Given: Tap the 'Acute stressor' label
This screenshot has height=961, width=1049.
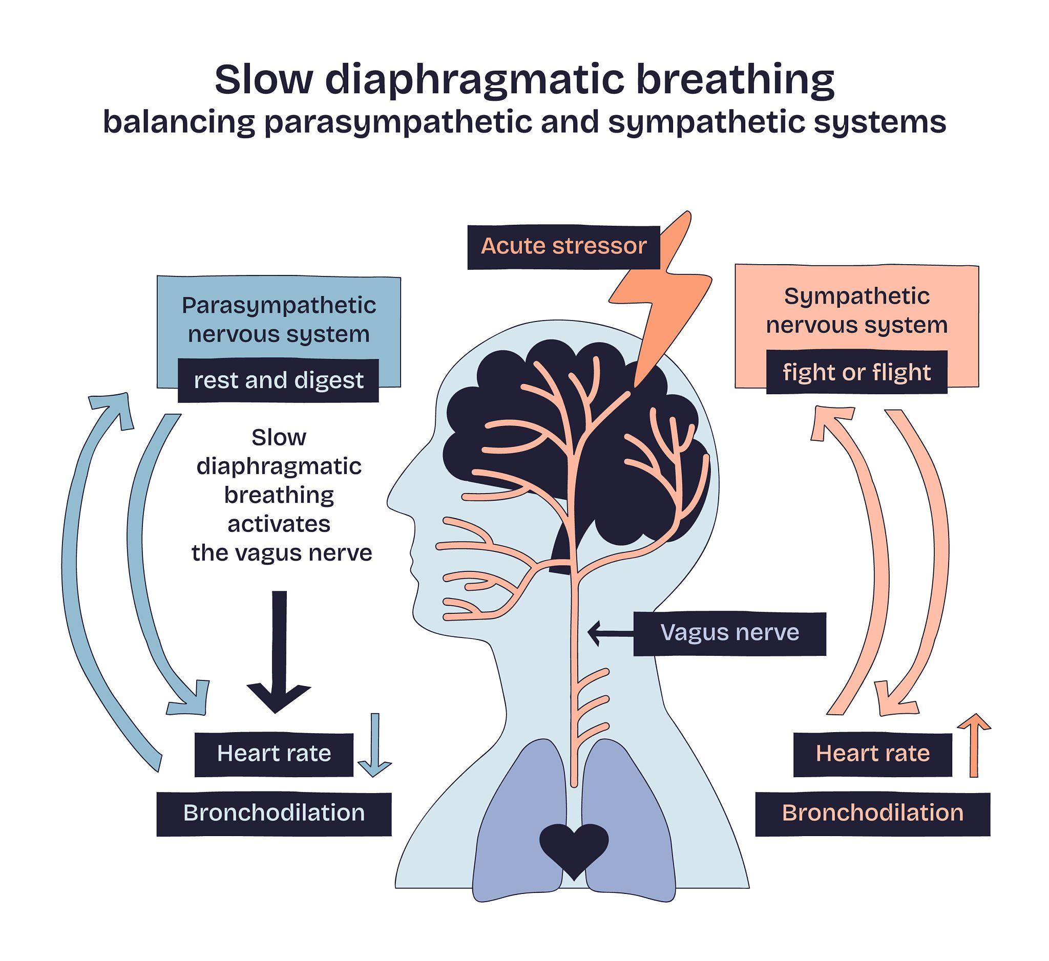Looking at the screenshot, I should [563, 247].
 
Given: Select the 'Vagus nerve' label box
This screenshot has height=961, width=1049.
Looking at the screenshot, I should [729, 633].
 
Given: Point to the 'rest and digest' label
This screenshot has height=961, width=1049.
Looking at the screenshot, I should [278, 380].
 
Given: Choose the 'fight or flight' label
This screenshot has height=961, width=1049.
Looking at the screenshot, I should [856, 372].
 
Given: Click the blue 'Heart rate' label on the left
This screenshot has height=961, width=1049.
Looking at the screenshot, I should [274, 754].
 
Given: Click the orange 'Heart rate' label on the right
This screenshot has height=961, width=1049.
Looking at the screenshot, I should [873, 754].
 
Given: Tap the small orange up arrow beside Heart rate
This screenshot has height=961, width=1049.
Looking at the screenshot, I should [974, 746].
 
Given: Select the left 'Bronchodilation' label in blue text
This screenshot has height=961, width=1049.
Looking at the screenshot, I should [274, 814].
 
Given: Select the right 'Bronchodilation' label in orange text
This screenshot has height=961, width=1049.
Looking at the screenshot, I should [873, 814].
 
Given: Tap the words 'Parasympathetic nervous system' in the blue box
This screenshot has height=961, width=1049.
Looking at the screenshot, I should [279, 320].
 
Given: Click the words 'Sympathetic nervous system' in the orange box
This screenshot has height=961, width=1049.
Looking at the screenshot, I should [856, 311].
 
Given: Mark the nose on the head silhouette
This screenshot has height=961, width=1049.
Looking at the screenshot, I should [395, 502].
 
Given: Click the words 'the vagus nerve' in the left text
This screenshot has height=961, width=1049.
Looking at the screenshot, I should [282, 553].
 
